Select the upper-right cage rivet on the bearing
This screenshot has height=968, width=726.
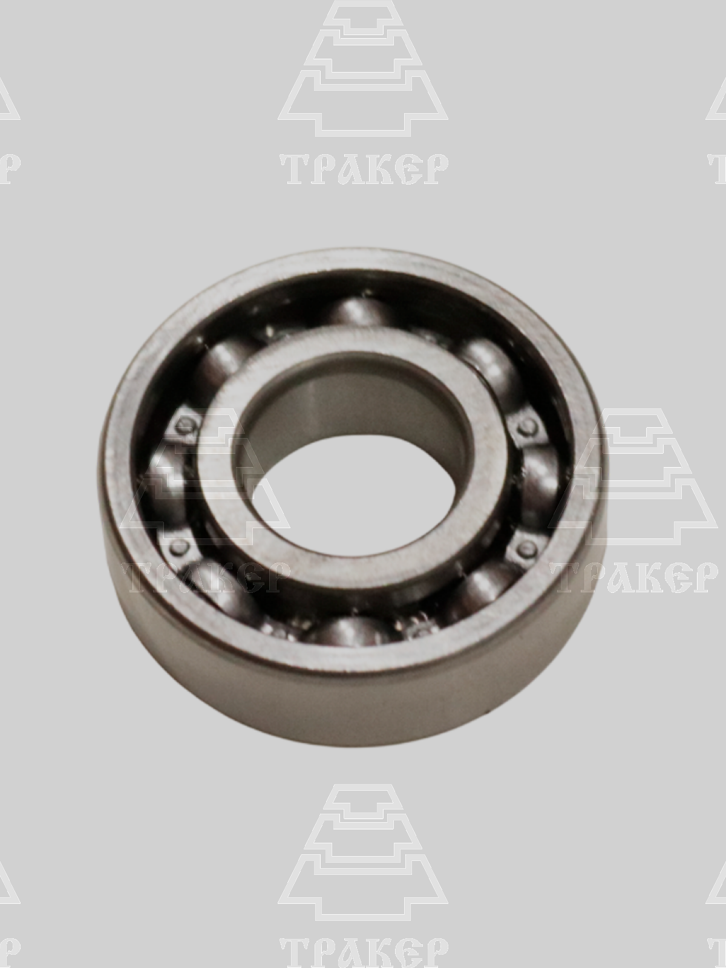click(527, 427)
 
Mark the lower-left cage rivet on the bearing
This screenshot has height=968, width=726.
click(178, 547)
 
